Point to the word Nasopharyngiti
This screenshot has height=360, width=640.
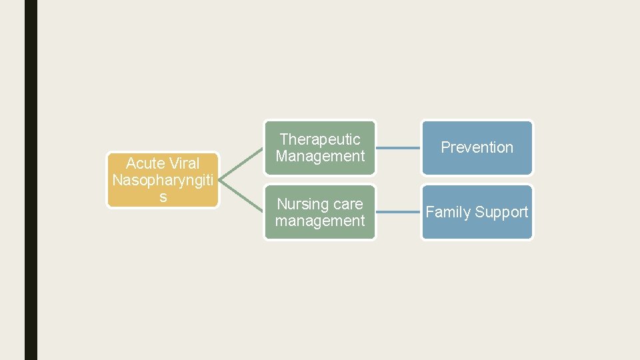click(163, 180)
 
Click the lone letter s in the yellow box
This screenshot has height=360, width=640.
click(163, 197)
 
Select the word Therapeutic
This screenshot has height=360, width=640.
click(320, 139)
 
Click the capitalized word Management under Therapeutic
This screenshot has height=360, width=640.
click(320, 156)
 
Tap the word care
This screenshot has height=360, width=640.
click(348, 204)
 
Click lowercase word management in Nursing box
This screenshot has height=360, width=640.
click(320, 221)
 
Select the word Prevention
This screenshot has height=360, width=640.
click(477, 147)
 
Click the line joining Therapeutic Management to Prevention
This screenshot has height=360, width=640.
click(398, 148)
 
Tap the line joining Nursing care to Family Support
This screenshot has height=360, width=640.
click(398, 213)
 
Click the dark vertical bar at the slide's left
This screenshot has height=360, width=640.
click(31, 180)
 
